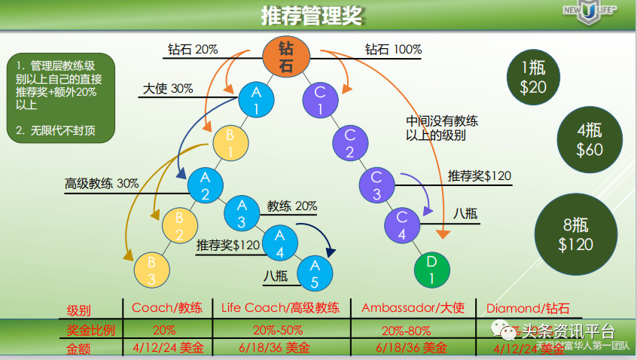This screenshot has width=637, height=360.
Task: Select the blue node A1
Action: [255, 99]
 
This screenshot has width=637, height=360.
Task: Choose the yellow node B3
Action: [151, 270]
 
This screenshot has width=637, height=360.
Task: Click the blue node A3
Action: [242, 212]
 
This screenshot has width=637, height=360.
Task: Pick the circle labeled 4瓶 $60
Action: [590, 141]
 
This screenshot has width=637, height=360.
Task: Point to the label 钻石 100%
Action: [393, 50]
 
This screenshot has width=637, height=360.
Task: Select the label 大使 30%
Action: [168, 88]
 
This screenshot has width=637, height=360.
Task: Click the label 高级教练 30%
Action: [102, 183]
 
